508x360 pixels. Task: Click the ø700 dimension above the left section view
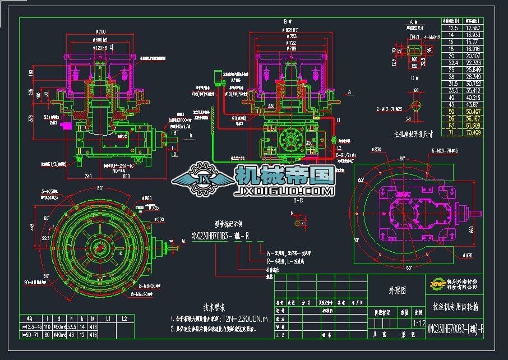101,31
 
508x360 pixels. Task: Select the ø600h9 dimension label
101,40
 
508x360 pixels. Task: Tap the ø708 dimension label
291,49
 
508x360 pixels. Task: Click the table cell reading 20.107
473,56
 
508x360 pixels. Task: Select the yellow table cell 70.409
473,133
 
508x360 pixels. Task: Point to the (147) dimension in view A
414,38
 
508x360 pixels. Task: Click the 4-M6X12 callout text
432,38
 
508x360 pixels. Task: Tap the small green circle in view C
416,107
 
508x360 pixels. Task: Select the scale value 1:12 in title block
418,324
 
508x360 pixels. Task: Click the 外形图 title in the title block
397,290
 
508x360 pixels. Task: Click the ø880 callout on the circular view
147,198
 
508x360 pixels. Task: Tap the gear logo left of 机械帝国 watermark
202,179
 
